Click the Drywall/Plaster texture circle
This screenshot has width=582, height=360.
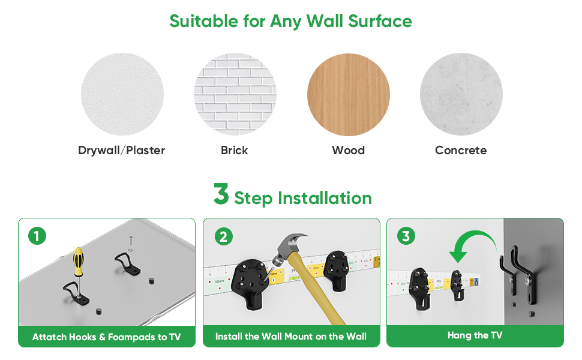click(x=122, y=94)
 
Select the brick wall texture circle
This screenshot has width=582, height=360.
click(x=235, y=94)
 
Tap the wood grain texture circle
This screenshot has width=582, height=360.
click(x=348, y=94)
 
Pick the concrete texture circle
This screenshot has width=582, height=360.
click(x=461, y=94)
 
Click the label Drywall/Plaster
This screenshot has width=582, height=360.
click(x=121, y=150)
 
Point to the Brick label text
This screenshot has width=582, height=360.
click(x=234, y=150)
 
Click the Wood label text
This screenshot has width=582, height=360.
click(x=348, y=150)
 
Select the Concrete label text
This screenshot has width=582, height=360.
click(x=460, y=150)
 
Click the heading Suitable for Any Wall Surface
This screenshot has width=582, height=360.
click(x=290, y=21)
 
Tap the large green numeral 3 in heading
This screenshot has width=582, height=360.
click(x=221, y=194)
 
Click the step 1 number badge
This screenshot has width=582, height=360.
click(x=37, y=236)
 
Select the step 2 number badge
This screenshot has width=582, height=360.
click(x=223, y=236)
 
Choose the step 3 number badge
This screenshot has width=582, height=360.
click(x=406, y=236)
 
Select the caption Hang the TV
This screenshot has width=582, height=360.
click(x=475, y=336)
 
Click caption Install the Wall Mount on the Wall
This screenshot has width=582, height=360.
click(x=291, y=337)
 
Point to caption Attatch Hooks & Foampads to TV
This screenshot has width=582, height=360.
click(x=106, y=337)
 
